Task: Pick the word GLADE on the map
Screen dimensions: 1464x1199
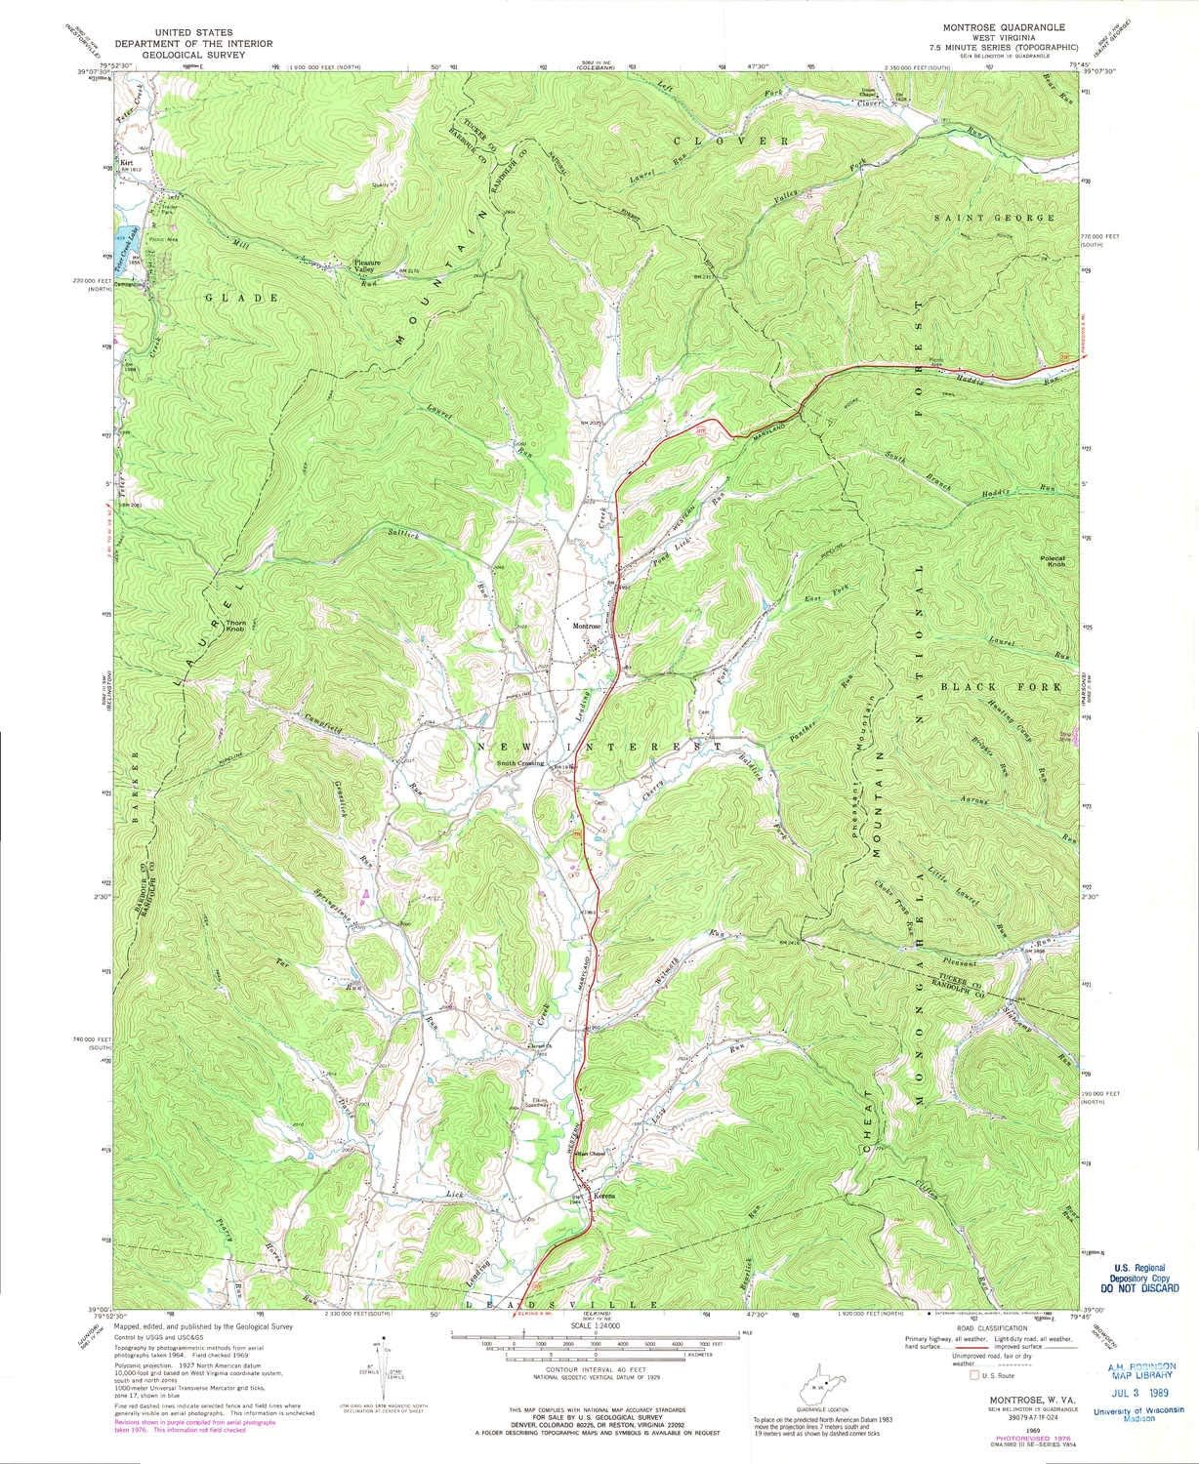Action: (x=227, y=296)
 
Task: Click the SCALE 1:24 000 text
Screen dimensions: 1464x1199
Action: (x=593, y=1333)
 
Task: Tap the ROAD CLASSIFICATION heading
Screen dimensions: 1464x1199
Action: (x=991, y=1329)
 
